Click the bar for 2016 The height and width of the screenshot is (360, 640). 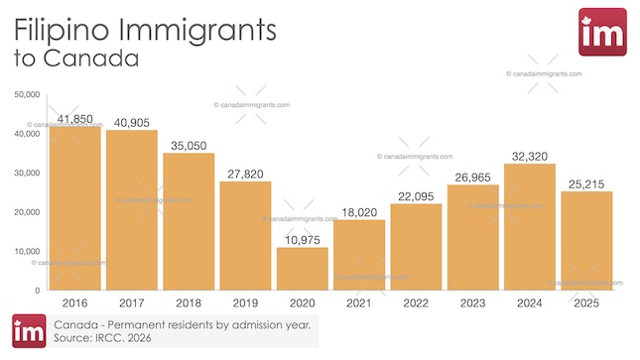click(74, 208)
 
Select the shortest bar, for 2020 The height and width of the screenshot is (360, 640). click(302, 268)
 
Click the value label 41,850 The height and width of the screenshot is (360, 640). click(74, 119)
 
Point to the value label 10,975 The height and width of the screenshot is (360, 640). click(302, 239)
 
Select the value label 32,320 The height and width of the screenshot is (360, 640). click(529, 156)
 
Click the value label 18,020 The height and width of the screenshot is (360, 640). click(358, 211)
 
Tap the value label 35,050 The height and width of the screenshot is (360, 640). click(189, 145)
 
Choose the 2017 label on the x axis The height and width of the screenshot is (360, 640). click(131, 301)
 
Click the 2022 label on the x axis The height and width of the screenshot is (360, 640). click(415, 301)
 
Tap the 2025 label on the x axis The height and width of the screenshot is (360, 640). click(585, 301)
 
